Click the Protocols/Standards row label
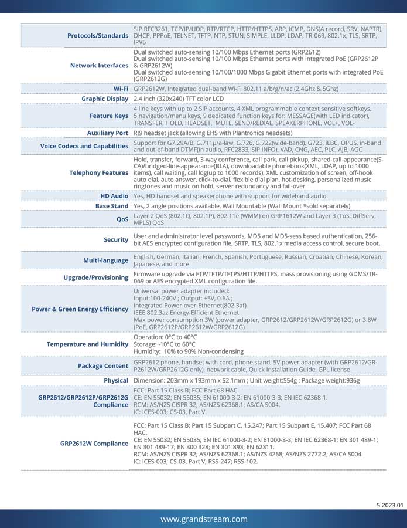point(98,36)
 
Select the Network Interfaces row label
point(99,65)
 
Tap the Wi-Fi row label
point(121,89)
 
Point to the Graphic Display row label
point(105,99)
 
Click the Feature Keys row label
point(110,116)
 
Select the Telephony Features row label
point(99,172)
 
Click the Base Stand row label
point(112,206)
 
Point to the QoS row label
point(122,219)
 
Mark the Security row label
point(116,239)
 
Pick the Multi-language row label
point(106,260)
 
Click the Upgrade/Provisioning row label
point(96,277)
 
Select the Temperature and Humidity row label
point(88,344)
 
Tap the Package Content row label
point(103,366)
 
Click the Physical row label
point(116,381)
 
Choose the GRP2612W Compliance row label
point(94,444)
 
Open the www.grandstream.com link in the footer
point(204,519)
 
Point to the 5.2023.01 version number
point(390,505)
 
